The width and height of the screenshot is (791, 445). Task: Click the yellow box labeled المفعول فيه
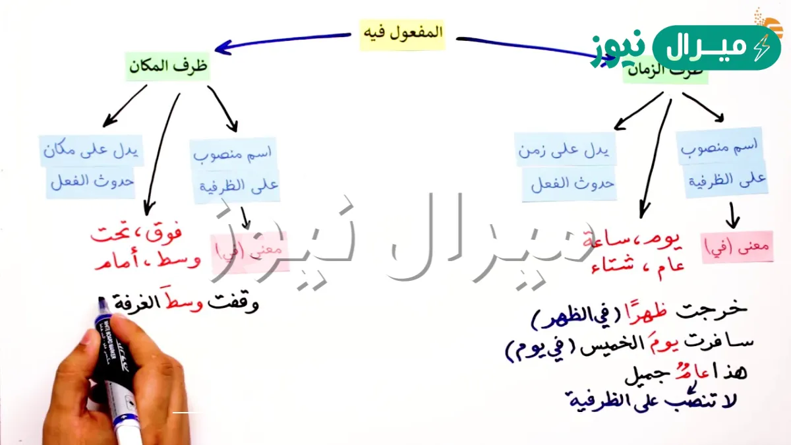tap(402, 34)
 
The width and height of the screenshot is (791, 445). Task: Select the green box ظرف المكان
tap(167, 67)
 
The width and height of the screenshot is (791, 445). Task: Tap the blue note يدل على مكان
tap(91, 151)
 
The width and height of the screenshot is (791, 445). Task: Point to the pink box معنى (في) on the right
tap(738, 247)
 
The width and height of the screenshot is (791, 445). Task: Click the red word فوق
tap(164, 233)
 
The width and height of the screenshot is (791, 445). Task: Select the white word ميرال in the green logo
tap(709, 48)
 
